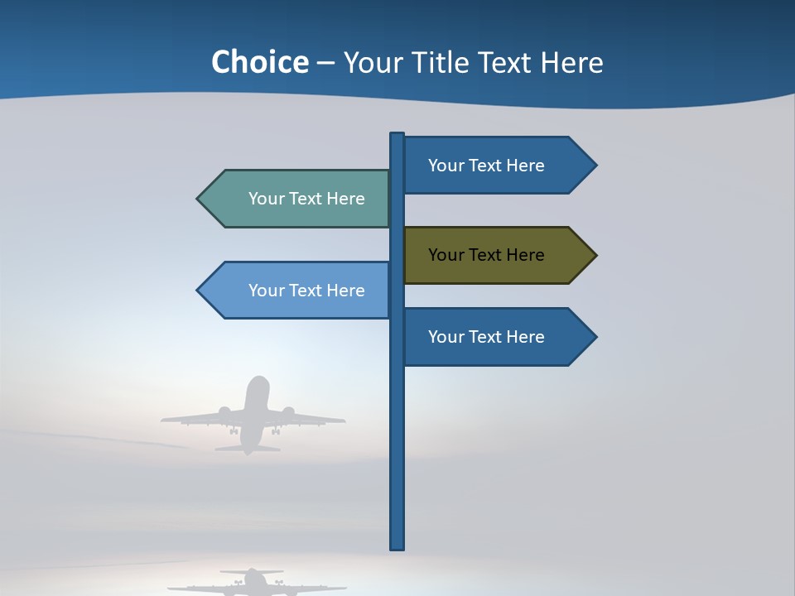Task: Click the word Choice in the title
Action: coord(259,63)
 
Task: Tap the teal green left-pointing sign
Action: coord(298,199)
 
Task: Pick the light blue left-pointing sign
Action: coord(298,291)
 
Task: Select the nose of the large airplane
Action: coord(258,380)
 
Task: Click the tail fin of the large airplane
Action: coord(248,448)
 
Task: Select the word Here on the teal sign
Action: coord(345,199)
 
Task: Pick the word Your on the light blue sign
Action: coord(266,291)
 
